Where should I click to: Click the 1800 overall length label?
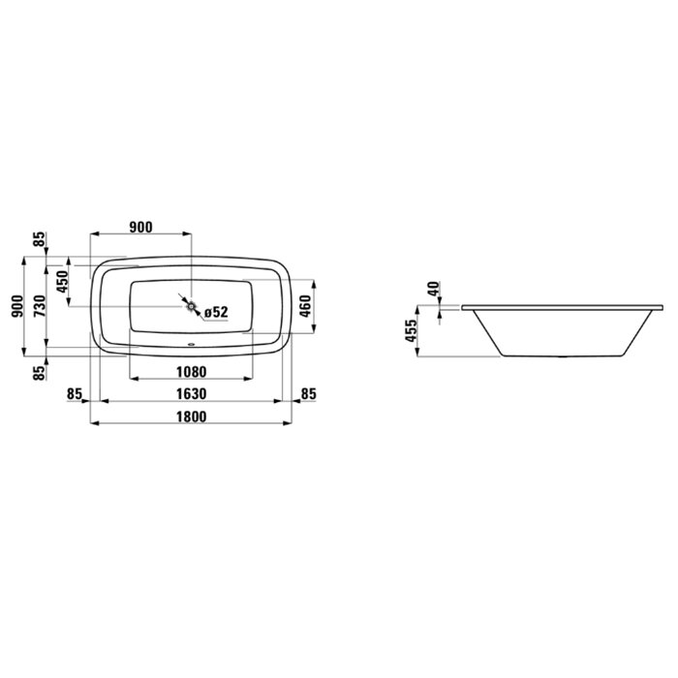[x=191, y=416]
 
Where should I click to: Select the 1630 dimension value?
[x=191, y=394]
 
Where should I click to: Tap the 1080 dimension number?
[x=191, y=371]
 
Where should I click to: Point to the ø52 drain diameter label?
[x=216, y=312]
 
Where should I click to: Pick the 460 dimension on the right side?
[x=305, y=306]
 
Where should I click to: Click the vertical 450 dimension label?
[x=62, y=282]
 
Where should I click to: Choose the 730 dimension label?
[x=40, y=306]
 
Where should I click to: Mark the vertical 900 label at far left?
[x=16, y=306]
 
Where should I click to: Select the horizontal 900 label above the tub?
[x=141, y=227]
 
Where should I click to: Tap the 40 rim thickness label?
[x=434, y=289]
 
